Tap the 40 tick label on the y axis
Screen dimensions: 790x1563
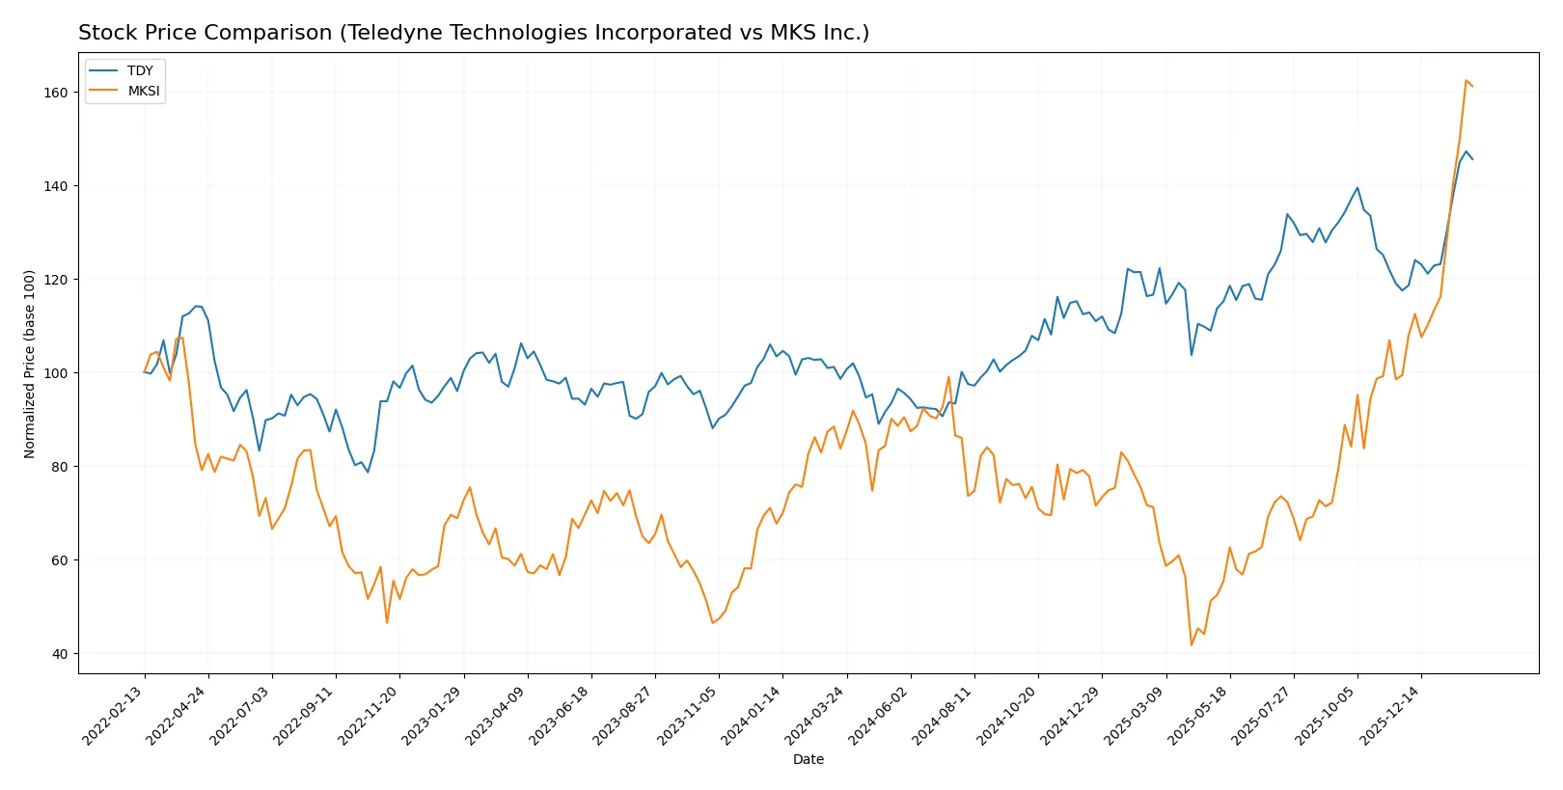tap(60, 654)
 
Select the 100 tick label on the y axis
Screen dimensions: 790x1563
tap(56, 373)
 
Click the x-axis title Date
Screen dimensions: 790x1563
tap(808, 760)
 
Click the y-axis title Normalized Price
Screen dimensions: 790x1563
tap(30, 364)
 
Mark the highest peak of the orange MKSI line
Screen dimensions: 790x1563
tap(1466, 81)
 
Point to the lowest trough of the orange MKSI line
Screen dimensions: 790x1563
tap(1192, 644)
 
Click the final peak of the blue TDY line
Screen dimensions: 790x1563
tap(1466, 151)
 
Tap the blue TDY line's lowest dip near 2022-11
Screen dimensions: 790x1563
tap(368, 472)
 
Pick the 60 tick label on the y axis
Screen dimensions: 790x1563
tap(60, 560)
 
